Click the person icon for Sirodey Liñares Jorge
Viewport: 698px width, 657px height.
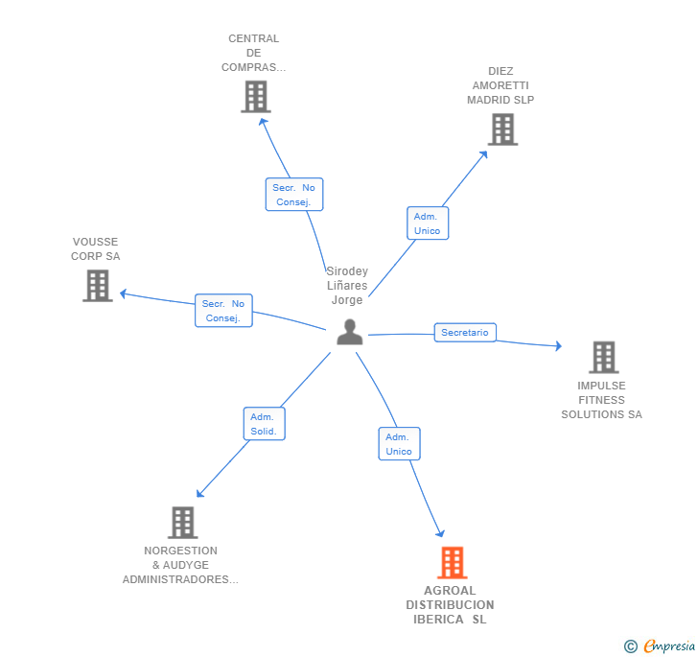point(350,332)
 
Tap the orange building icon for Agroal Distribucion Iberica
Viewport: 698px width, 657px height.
point(453,563)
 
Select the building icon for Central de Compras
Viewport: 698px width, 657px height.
point(255,97)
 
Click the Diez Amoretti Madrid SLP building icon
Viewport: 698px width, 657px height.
point(502,129)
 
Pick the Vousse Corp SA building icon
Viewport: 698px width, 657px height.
point(97,286)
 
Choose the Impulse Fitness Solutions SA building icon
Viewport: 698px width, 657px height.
point(603,358)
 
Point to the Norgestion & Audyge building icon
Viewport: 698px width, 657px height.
point(182,523)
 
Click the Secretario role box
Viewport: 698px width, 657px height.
point(465,333)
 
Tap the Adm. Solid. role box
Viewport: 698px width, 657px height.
point(264,424)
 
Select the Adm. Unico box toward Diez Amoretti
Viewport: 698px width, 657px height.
point(427,223)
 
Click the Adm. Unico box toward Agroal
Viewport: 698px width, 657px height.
point(399,443)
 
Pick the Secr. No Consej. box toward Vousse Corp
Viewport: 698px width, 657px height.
point(223,311)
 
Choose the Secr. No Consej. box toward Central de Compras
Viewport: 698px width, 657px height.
point(294,195)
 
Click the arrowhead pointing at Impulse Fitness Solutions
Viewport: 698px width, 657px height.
point(558,346)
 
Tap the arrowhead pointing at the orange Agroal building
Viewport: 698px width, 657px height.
point(441,533)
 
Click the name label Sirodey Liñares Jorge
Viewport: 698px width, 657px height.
point(347,286)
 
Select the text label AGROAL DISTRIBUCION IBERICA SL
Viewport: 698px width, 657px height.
point(450,605)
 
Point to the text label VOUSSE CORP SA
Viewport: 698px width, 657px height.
point(96,249)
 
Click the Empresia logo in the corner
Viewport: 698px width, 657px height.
point(661,646)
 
